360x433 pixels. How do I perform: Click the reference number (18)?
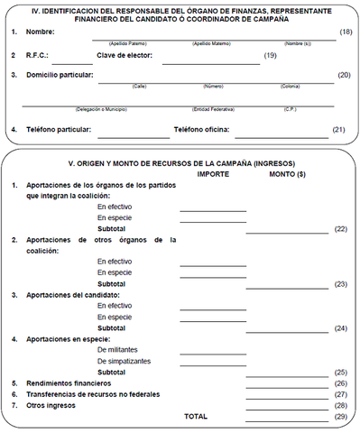pos(345,32)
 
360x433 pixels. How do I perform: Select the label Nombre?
pos(42,32)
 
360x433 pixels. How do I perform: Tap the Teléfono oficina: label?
pos(202,130)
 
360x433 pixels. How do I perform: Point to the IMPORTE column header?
pos(213,173)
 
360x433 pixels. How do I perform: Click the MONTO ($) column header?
pos(287,173)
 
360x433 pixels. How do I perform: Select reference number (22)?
pos(340,229)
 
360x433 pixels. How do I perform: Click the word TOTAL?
pos(195,417)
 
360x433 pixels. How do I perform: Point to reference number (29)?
pos(340,417)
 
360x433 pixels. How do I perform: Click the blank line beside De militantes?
pos(213,350)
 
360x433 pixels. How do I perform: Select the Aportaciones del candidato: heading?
pos(77,294)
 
